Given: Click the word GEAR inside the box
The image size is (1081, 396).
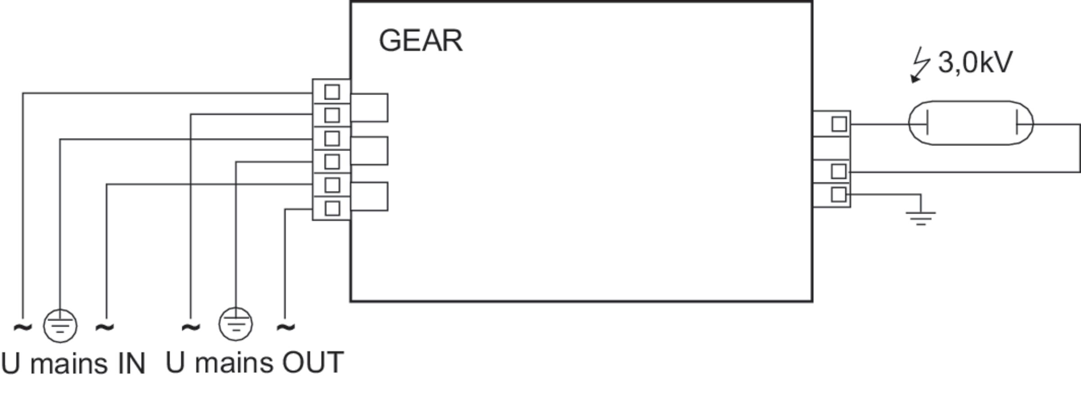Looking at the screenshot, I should click(420, 41).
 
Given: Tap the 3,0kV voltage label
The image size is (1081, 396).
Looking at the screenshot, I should click(975, 62).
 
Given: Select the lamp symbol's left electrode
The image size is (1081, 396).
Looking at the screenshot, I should click(927, 124).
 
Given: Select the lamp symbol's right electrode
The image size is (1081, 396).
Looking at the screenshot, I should click(1017, 124).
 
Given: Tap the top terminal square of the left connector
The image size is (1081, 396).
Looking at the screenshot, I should click(332, 92).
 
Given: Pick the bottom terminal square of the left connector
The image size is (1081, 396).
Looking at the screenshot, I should click(332, 208).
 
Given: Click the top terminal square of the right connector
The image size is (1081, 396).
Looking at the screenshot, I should click(839, 124).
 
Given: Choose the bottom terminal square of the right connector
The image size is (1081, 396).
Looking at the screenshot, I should click(838, 195).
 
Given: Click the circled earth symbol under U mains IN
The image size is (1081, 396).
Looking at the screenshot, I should click(60, 325).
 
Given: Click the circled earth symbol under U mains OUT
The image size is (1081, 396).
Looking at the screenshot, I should click(235, 324).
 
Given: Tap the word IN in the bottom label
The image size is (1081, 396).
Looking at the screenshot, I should click(132, 364).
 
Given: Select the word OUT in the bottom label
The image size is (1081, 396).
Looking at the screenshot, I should click(313, 362).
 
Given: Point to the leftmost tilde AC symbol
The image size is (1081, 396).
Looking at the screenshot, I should click(23, 327).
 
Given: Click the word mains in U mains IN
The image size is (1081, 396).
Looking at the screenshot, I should click(68, 364).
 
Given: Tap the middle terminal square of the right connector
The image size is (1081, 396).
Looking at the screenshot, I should click(838, 171).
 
